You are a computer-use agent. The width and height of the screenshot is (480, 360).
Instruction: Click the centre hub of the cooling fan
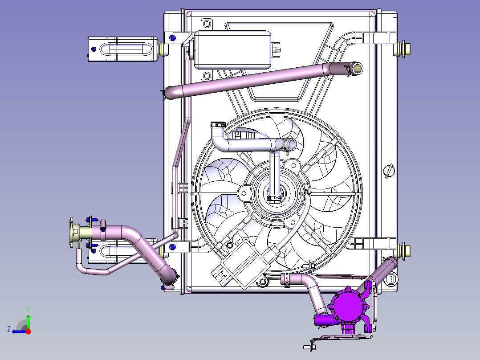pyautogui.click(x=274, y=193)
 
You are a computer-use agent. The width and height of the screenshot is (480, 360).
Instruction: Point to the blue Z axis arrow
pyautogui.click(x=19, y=331)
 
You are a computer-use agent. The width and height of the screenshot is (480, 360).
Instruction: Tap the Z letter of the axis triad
pyautogui.click(x=9, y=329)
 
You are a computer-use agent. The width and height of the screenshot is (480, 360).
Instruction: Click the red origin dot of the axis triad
pyautogui.click(x=28, y=331)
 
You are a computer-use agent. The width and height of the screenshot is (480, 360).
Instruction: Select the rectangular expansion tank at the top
pyautogui.click(x=232, y=49)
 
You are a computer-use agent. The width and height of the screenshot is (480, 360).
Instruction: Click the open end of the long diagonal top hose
pyautogui.click(x=357, y=69)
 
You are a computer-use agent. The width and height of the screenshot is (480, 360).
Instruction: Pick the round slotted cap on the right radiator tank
pyautogui.click(x=389, y=171)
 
